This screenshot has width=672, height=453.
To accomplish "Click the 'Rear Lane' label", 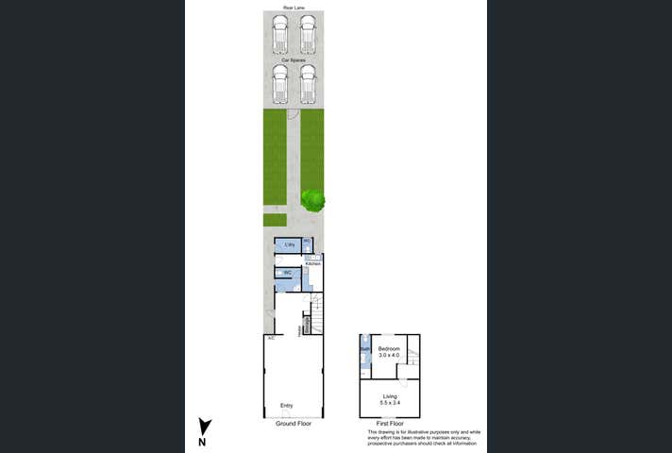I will click(x=294, y=8).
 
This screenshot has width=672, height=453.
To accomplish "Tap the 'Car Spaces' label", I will click(x=294, y=59).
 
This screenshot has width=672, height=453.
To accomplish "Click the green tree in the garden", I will click(x=312, y=199).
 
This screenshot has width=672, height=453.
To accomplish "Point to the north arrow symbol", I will click(x=205, y=426).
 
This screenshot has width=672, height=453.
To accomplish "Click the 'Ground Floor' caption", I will click(x=294, y=424).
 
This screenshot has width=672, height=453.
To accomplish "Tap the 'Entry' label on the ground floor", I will click(x=286, y=406).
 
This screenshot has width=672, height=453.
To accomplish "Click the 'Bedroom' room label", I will click(x=390, y=349).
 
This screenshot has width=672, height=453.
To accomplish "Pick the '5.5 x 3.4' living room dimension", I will click(x=390, y=403).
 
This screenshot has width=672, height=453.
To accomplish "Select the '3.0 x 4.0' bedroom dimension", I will click(x=390, y=356).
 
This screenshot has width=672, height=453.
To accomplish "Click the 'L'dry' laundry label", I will click(x=289, y=245).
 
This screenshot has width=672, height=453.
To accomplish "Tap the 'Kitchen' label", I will click(x=312, y=263).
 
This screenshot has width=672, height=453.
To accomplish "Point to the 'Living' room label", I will click(x=390, y=396).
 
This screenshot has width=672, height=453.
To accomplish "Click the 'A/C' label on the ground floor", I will click(x=271, y=338).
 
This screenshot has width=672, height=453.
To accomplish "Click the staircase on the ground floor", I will click(x=317, y=314).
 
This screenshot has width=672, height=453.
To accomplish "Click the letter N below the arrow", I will click(x=202, y=442).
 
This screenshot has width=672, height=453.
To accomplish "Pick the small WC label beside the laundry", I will click(x=307, y=242).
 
